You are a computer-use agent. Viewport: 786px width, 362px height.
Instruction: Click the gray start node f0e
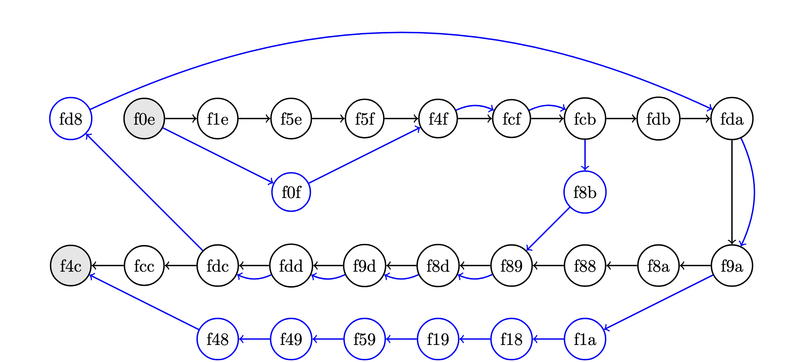pyautogui.click(x=144, y=119)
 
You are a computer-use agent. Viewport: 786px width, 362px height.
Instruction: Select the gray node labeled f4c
pyautogui.click(x=71, y=266)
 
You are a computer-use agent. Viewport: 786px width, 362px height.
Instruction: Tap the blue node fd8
pyautogui.click(x=71, y=119)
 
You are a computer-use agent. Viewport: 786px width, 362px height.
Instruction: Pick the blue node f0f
pyautogui.click(x=291, y=192)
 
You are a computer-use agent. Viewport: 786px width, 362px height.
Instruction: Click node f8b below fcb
pyautogui.click(x=585, y=192)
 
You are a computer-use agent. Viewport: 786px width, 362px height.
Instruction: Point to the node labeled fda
pyautogui.click(x=732, y=119)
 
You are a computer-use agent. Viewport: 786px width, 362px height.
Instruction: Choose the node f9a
pyautogui.click(x=732, y=266)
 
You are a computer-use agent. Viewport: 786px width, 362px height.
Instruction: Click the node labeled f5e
pyautogui.click(x=291, y=119)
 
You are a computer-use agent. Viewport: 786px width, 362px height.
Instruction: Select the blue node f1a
pyautogui.click(x=585, y=339)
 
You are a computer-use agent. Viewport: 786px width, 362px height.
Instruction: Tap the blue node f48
pyautogui.click(x=218, y=339)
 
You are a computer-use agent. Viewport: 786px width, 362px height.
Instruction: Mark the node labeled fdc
pyautogui.click(x=218, y=266)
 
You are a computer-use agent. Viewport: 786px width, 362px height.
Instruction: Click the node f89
pyautogui.click(x=512, y=266)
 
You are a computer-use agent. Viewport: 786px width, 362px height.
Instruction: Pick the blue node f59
pyautogui.click(x=365, y=339)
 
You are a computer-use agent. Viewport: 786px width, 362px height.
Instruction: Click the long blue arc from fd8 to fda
pyautogui.click(x=401, y=33)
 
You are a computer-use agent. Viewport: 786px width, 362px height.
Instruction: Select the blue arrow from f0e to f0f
pyautogui.click(x=218, y=155)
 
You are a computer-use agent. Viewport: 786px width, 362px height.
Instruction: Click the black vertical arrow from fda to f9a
pyautogui.click(x=732, y=192)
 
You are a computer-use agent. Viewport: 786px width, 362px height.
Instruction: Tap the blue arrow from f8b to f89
pyautogui.click(x=548, y=229)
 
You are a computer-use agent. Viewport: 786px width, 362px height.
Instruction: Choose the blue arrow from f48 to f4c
pyautogui.click(x=144, y=302)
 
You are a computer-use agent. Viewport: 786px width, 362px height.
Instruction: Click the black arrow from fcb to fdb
pyautogui.click(x=621, y=119)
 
